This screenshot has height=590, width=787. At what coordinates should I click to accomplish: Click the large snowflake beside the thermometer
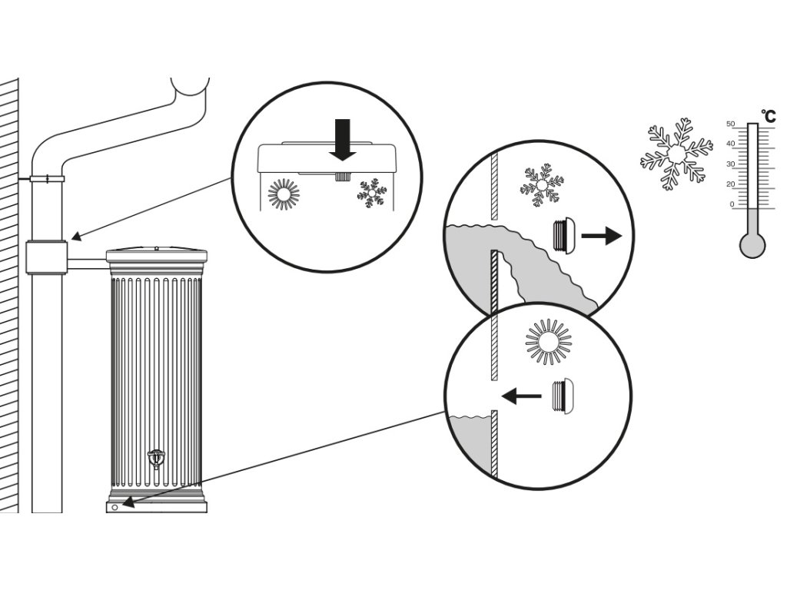click(x=676, y=154)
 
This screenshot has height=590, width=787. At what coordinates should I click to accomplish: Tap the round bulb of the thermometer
click(x=752, y=245)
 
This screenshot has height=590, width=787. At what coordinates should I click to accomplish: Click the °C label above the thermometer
click(x=768, y=117)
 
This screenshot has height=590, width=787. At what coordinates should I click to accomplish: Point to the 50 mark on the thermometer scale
click(x=731, y=124)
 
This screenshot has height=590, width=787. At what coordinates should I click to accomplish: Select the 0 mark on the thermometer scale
click(x=732, y=204)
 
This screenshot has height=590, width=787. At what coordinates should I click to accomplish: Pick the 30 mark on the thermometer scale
click(x=731, y=164)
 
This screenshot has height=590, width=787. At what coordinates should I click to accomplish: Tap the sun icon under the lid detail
click(x=283, y=194)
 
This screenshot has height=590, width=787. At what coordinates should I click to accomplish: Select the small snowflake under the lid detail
click(x=372, y=192)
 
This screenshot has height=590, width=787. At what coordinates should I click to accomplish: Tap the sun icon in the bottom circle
click(x=549, y=342)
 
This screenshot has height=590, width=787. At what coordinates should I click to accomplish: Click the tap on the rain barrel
click(x=156, y=458)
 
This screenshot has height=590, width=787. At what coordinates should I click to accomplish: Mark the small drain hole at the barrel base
click(x=115, y=507)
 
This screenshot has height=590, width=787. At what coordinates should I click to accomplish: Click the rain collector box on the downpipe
click(x=47, y=257)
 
